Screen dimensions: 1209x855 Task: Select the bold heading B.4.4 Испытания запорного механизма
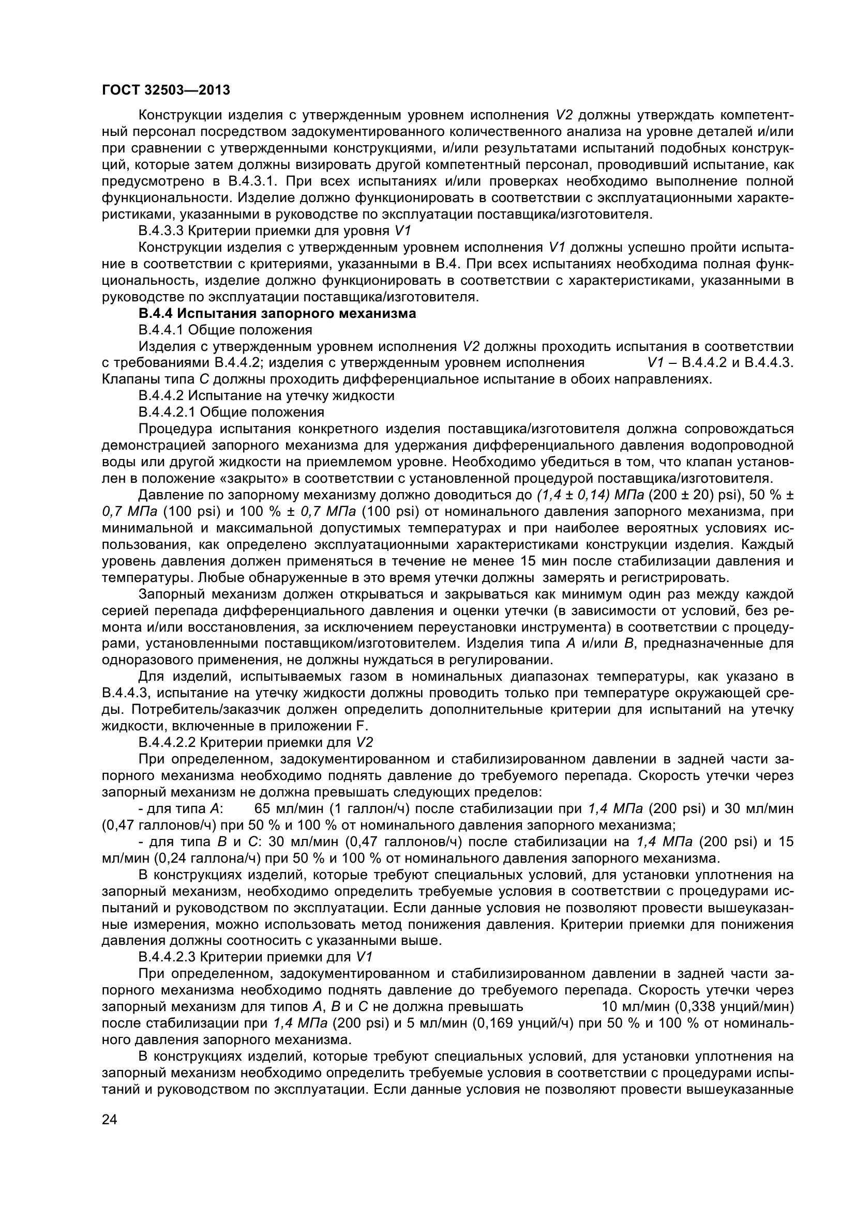tap(277, 314)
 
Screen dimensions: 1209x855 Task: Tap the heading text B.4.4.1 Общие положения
tap(225, 330)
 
